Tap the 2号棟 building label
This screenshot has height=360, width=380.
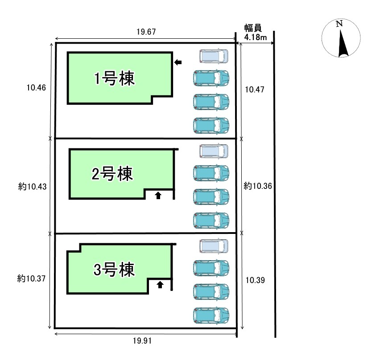pyautogui.click(x=112, y=173)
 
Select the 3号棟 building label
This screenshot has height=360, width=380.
pyautogui.click(x=114, y=270)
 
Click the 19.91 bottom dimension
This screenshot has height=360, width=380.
pyautogui.click(x=145, y=341)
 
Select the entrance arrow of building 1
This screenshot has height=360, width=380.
pyautogui.click(x=178, y=62)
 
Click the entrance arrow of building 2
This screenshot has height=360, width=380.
pyautogui.click(x=157, y=195)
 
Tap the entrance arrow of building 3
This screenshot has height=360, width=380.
pyautogui.click(x=160, y=284)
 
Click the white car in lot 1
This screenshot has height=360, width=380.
pyautogui.click(x=214, y=56)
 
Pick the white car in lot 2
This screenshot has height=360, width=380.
pyautogui.click(x=214, y=151)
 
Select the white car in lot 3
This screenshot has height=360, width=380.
pyautogui.click(x=214, y=246)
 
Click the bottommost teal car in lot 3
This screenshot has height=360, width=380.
pyautogui.click(x=211, y=315)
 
